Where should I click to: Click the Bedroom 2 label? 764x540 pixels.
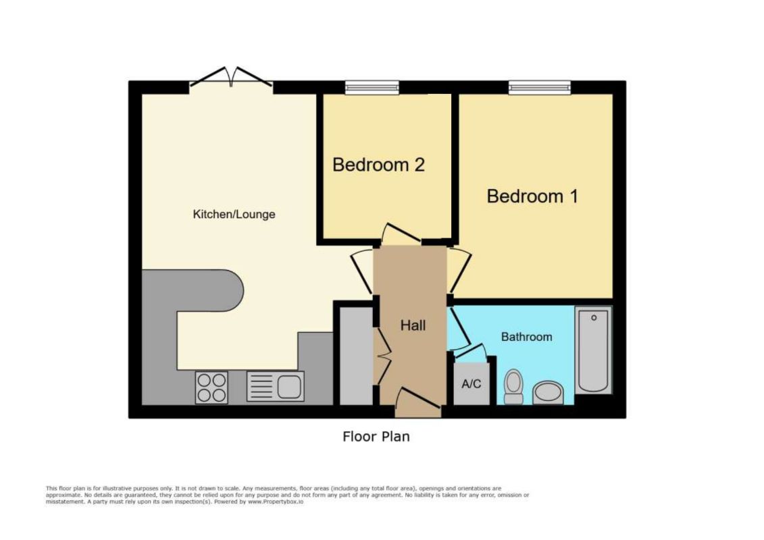[378, 165]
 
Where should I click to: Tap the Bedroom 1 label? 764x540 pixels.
[532, 196]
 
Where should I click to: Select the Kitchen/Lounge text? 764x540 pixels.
[234, 214]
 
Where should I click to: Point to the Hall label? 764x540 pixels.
[413, 325]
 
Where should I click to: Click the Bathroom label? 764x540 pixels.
[527, 336]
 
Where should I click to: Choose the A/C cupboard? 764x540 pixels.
[471, 383]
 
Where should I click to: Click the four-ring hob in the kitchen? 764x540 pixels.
[211, 387]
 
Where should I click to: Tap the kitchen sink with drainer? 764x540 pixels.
[276, 386]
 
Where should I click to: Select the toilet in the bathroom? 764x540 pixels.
[513, 387]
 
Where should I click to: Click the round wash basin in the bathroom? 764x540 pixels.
[548, 392]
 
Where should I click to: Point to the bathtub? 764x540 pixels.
[594, 350]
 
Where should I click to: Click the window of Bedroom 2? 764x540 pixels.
[372, 88]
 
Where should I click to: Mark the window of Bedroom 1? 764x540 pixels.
[539, 88]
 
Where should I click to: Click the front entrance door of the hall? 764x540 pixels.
[418, 403]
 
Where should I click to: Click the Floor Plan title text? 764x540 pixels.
[376, 436]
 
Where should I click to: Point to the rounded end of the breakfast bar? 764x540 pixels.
[234, 291]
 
